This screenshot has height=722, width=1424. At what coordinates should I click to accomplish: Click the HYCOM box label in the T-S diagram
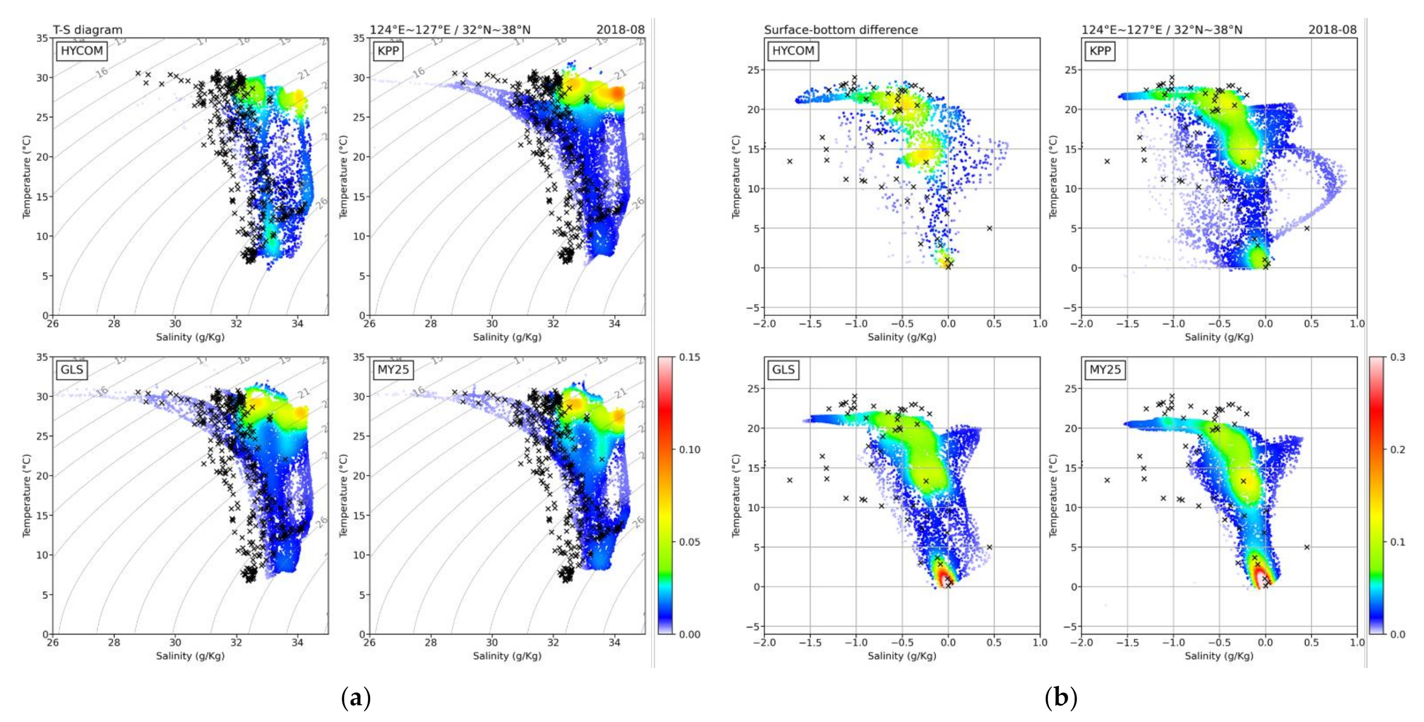pyautogui.click(x=82, y=51)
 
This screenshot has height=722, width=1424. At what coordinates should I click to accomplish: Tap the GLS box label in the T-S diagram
pyautogui.click(x=72, y=369)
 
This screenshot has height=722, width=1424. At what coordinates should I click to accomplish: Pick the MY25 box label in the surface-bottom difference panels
pyautogui.click(x=1105, y=369)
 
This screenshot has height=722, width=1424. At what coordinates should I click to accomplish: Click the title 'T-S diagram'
pyautogui.click(x=87, y=30)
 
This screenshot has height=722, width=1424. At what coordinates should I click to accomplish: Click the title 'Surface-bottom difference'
pyautogui.click(x=841, y=30)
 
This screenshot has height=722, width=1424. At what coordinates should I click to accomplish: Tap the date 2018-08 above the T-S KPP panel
pyautogui.click(x=620, y=30)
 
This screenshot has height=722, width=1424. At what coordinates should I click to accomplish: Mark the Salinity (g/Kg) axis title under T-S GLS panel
pyautogui.click(x=190, y=656)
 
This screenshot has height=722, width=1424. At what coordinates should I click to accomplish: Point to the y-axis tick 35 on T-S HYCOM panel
pyautogui.click(x=42, y=38)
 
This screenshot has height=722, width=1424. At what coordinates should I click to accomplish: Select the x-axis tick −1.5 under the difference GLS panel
pyautogui.click(x=810, y=643)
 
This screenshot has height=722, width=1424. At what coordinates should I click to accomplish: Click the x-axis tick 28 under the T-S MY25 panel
pyautogui.click(x=430, y=643)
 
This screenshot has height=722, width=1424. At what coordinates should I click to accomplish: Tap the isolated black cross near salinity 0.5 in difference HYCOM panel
pyautogui.click(x=989, y=228)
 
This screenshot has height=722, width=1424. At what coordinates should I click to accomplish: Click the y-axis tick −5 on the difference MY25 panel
pyautogui.click(x=1070, y=626)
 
